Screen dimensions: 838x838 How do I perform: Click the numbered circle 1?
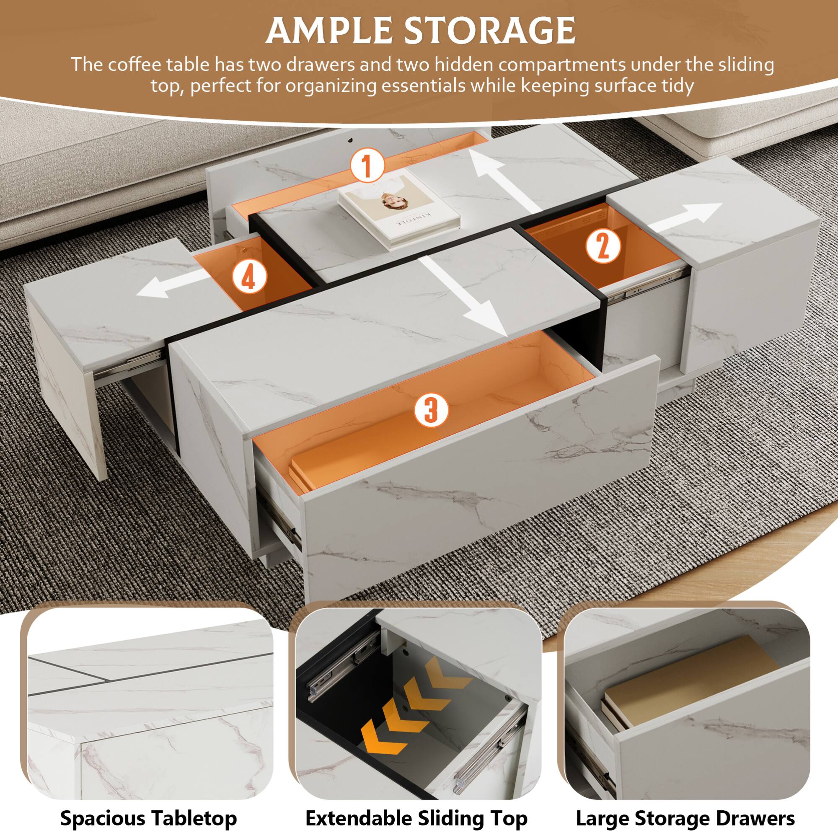tap(367, 165)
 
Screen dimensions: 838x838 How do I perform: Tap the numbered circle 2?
tap(603, 246)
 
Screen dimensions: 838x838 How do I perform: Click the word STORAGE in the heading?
tap(490, 30)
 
